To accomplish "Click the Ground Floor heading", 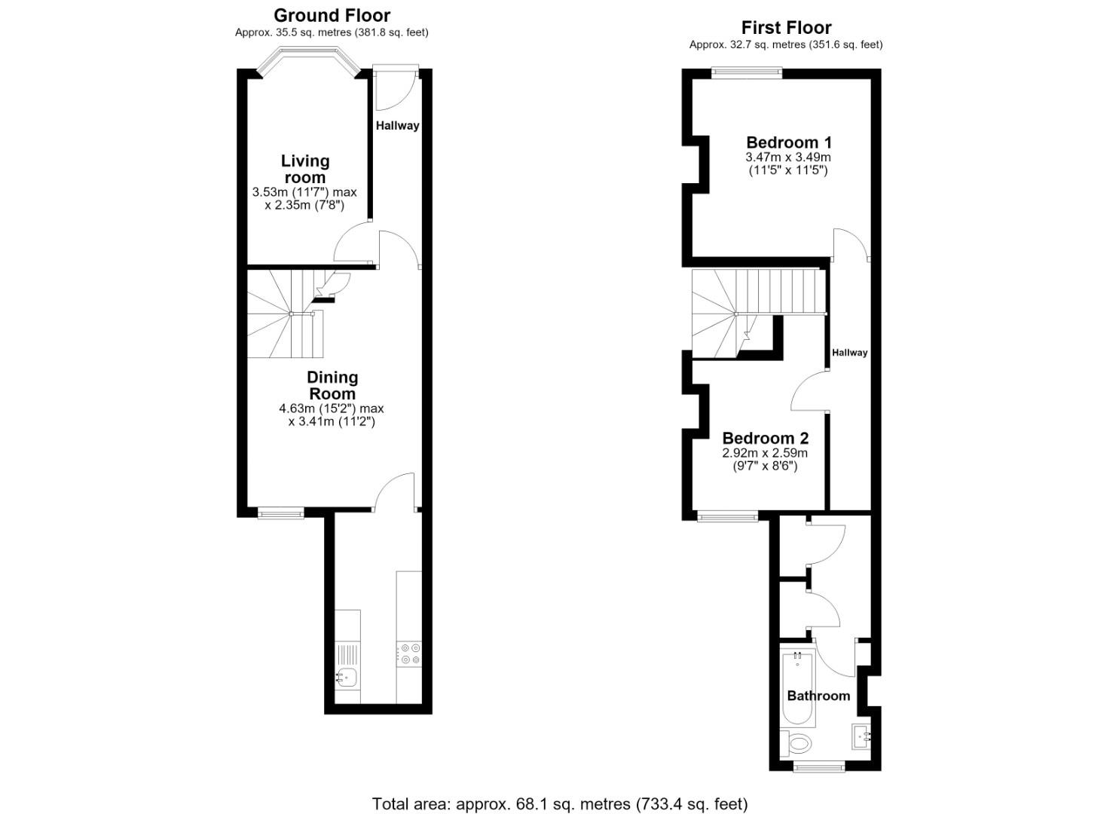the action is [332, 16].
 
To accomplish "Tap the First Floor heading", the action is [786, 27].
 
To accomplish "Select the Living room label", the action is [304, 169].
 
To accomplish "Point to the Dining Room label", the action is [332, 384].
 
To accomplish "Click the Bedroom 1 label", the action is [789, 142].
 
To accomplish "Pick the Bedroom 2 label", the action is [766, 438].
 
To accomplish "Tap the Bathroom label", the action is [818, 696].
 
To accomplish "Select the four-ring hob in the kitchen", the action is [409, 654].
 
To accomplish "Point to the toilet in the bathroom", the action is [796, 744].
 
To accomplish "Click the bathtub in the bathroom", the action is [798, 690].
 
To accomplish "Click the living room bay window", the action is [309, 61].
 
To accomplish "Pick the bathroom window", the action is [819, 767].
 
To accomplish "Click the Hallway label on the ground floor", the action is [397, 125].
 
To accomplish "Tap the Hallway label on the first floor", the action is [849, 352].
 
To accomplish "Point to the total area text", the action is [559, 790].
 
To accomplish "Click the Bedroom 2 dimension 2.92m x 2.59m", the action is [765, 453].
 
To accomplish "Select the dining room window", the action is [280, 513].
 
